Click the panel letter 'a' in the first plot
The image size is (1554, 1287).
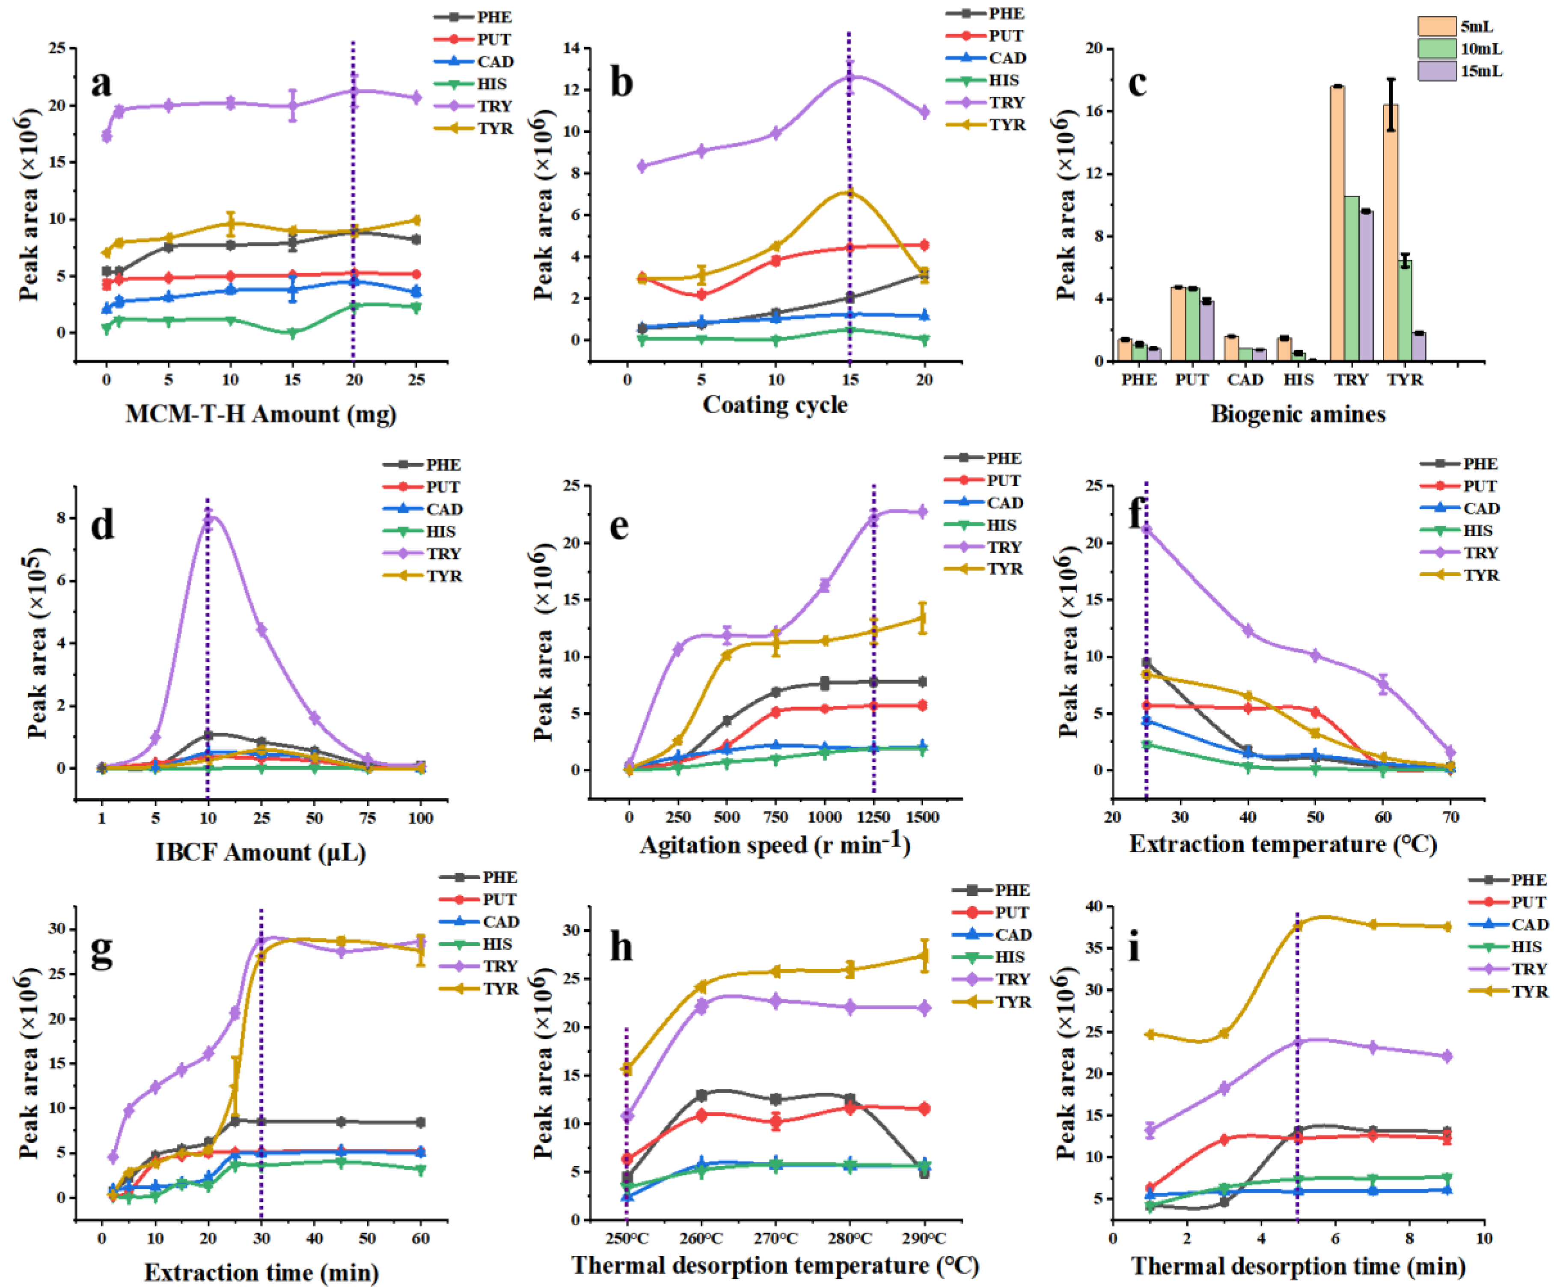click(101, 83)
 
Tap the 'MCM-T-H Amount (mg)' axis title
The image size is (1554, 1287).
click(261, 414)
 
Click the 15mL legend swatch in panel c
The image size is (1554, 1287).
click(1436, 71)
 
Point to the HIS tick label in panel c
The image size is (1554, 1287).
click(1298, 380)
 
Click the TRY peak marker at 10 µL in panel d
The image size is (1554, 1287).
click(209, 519)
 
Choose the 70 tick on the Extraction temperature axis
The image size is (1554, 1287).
click(1450, 817)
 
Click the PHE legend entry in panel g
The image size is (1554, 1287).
click(499, 877)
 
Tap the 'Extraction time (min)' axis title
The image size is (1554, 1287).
click(261, 1272)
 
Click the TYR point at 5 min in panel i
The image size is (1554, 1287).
click(1298, 926)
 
